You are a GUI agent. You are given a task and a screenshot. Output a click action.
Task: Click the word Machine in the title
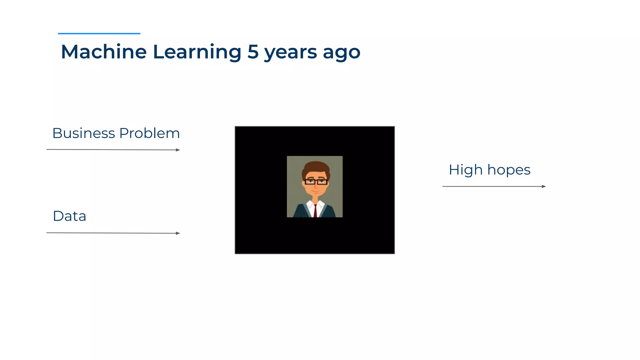click(103, 52)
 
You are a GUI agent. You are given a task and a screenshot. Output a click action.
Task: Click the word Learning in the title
click(197, 52)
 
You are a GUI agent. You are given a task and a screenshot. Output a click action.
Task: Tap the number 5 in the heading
click(253, 52)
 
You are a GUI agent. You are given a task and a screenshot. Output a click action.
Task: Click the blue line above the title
click(99, 33)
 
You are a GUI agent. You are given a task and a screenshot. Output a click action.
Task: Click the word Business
click(83, 133)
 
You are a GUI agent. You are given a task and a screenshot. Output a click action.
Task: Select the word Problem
click(149, 133)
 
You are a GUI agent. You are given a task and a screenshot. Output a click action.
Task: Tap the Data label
click(69, 216)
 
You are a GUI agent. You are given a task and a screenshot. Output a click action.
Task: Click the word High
click(466, 170)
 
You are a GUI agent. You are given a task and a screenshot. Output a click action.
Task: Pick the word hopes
click(509, 170)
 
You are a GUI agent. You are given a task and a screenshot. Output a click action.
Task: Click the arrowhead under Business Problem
click(178, 150)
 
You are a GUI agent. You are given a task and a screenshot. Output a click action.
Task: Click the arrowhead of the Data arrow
click(178, 233)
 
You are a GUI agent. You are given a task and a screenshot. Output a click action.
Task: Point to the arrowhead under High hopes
click(544, 187)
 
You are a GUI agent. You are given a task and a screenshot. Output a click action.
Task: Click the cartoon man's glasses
click(316, 182)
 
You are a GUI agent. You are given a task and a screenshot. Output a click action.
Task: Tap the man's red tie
click(315, 211)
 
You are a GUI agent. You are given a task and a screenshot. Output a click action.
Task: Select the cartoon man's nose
click(316, 187)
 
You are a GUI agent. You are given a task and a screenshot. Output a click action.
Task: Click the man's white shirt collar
click(311, 206)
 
